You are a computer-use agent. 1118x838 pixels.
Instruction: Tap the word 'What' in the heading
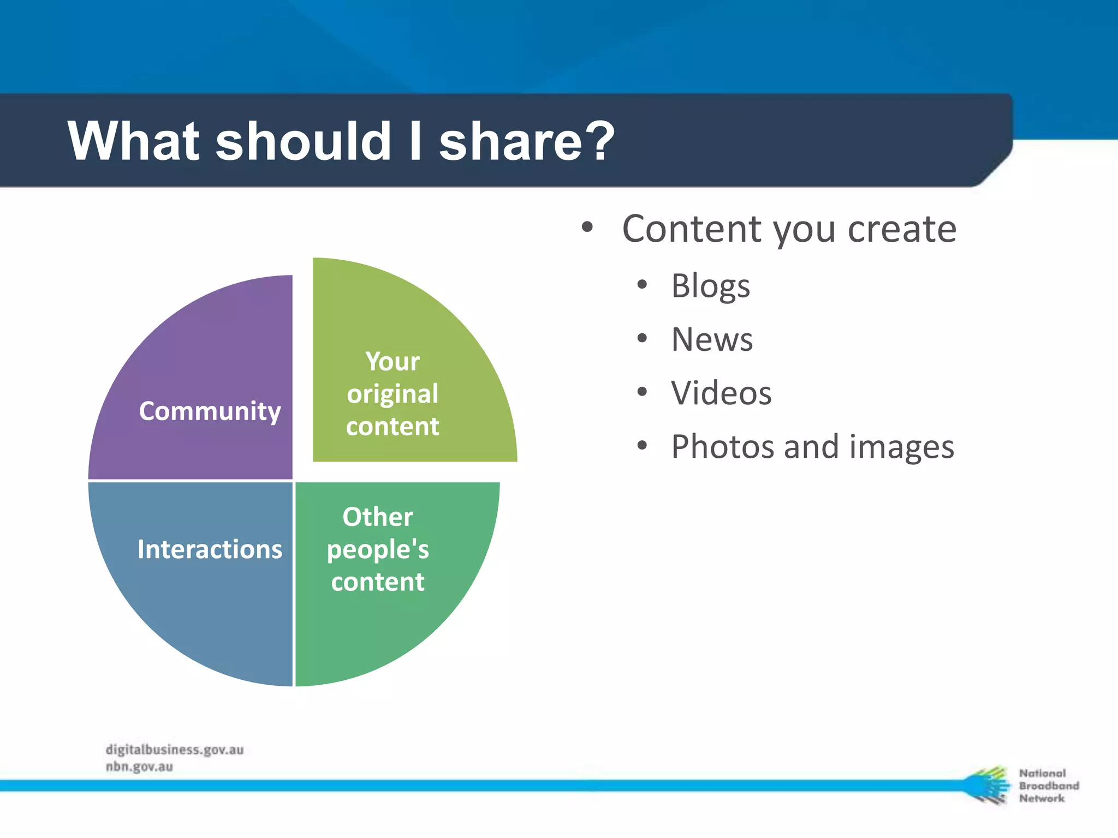point(134,141)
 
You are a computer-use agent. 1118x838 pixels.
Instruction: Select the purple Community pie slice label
point(210,411)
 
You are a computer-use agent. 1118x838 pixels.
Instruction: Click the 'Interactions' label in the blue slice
point(210,549)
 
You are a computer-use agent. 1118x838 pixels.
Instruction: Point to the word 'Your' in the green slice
point(393,361)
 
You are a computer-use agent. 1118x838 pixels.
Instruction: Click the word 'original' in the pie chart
point(393,394)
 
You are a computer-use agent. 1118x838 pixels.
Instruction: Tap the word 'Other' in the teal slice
point(378,517)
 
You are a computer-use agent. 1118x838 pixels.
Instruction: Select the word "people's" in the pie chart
point(378,549)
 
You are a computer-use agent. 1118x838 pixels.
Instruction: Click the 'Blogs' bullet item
point(710,286)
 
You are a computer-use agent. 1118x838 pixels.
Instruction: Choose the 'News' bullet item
point(712,339)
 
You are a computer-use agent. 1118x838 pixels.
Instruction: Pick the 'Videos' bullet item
point(721,393)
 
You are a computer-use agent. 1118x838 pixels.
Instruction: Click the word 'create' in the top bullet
point(902,229)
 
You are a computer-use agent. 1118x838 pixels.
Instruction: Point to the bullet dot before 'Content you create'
point(587,227)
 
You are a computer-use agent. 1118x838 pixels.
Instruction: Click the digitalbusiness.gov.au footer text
point(175,750)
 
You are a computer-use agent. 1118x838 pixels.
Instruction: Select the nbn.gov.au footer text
point(139,767)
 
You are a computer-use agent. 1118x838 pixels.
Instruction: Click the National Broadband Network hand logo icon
point(987,785)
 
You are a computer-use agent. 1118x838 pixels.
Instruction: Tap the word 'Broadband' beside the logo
point(1049,786)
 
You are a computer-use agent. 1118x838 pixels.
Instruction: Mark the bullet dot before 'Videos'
point(642,392)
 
